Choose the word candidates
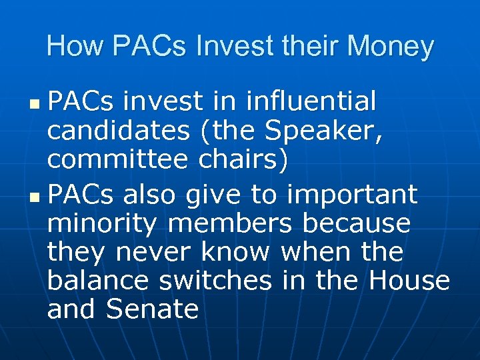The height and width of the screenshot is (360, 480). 117,132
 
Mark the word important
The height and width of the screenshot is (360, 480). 352,195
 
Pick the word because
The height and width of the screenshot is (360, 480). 356,225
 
